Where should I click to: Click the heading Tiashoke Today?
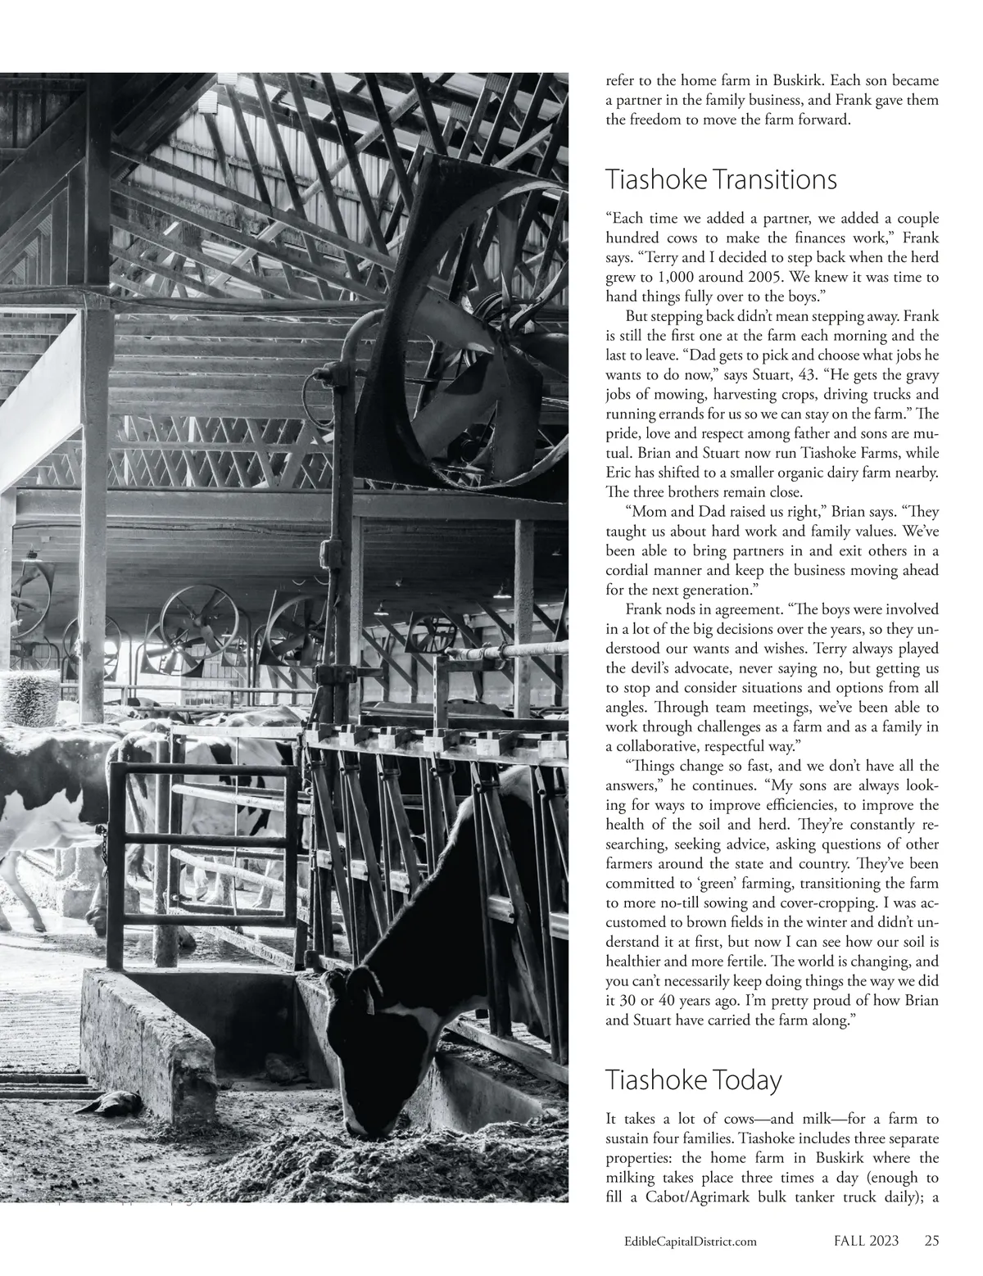point(693,1079)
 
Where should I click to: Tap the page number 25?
point(931,1241)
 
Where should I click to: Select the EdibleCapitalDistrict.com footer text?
point(690,1242)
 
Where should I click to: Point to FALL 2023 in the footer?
point(861,1241)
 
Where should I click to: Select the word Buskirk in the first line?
point(800,81)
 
